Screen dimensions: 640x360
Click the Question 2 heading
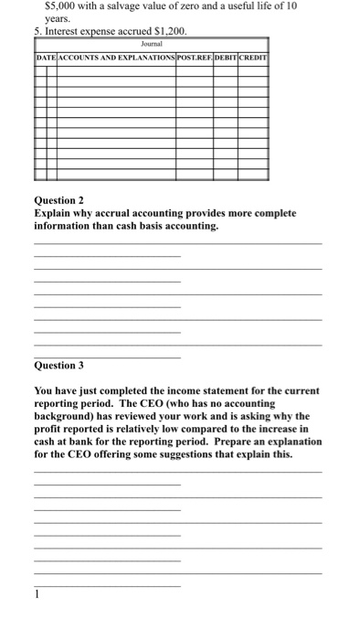pos(58,199)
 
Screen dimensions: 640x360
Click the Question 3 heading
pos(58,365)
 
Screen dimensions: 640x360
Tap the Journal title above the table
pos(152,43)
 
